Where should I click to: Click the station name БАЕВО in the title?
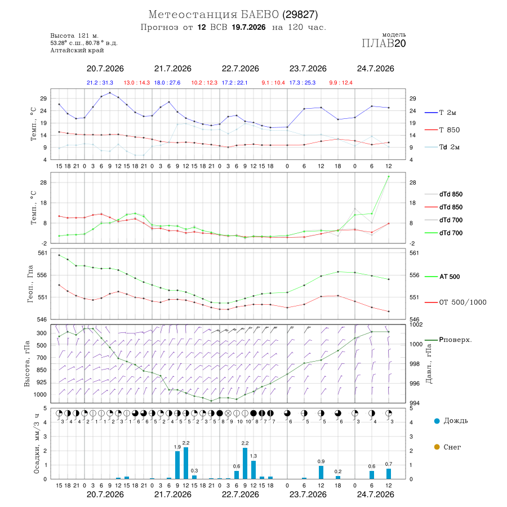pyautogui.click(x=260, y=15)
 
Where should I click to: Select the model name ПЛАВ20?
pyautogui.click(x=384, y=43)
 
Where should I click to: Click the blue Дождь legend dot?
pyautogui.click(x=437, y=421)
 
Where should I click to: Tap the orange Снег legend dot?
pyautogui.click(x=437, y=447)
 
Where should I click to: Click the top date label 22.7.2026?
pyautogui.click(x=240, y=69)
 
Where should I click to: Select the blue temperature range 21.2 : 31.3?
pyautogui.click(x=100, y=83)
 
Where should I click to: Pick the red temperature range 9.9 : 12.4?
pyautogui.click(x=341, y=83)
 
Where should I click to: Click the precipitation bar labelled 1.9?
pyautogui.click(x=177, y=465)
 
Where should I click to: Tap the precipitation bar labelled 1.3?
pyautogui.click(x=253, y=469)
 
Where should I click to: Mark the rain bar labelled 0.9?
pyautogui.click(x=321, y=473)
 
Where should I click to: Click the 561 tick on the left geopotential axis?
pyautogui.click(x=43, y=253)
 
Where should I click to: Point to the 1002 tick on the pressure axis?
pyautogui.click(x=416, y=324)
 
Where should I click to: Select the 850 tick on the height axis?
pyautogui.click(x=41, y=370)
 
